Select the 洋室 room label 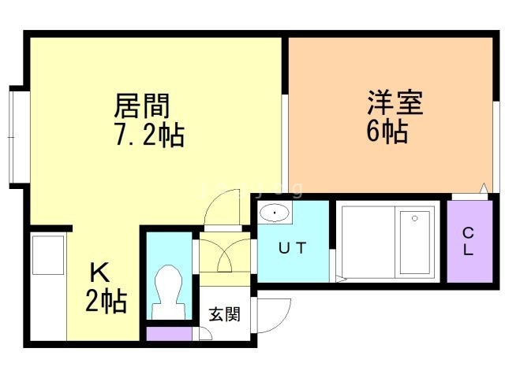395,103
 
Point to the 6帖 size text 387,131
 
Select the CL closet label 468,242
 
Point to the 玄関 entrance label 225,313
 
